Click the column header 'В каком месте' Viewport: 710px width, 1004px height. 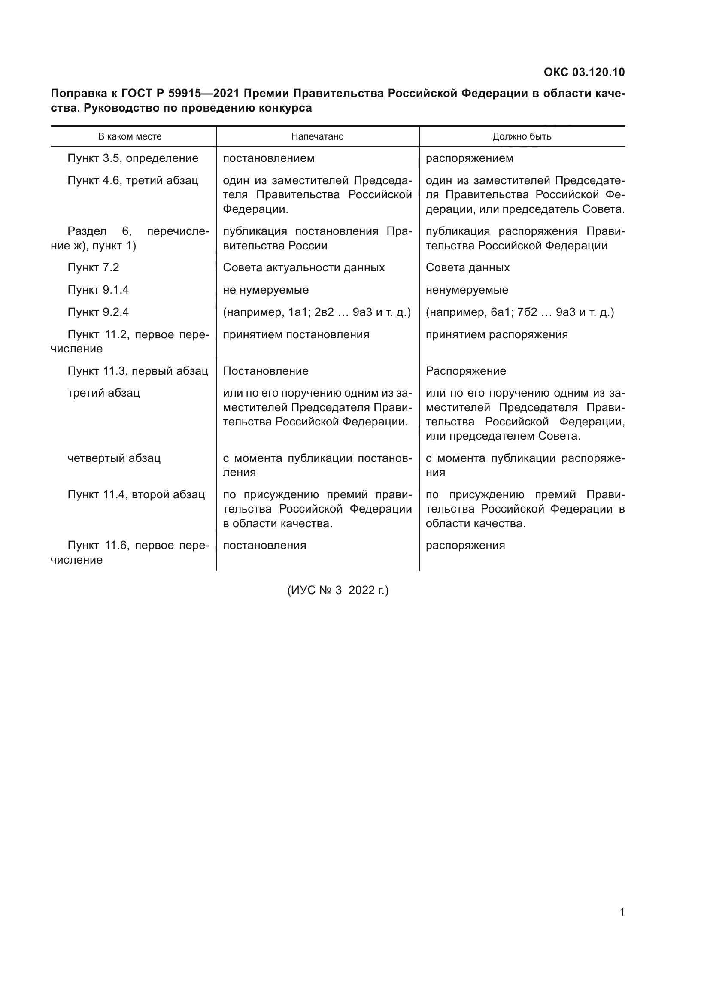coord(130,136)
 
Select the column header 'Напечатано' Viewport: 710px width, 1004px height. coord(317,136)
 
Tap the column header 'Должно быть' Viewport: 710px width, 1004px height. coord(522,136)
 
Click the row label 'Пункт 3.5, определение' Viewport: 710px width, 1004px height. coord(133,158)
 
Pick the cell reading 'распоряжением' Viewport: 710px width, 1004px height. coord(469,158)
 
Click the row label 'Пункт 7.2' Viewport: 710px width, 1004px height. coord(93,267)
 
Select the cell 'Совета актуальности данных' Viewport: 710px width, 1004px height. coord(303,267)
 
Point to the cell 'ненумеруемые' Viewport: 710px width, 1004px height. coord(467,290)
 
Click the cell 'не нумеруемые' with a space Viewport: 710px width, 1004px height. coord(265,290)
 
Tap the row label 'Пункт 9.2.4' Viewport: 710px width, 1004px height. coord(98,312)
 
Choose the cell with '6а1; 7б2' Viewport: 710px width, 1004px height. coord(519,312)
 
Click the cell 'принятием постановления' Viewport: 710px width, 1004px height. coord(296,334)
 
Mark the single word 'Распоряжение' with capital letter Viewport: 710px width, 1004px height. coord(466,371)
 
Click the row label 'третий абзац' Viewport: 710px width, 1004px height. coord(103,393)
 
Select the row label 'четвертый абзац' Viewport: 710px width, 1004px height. coord(114,458)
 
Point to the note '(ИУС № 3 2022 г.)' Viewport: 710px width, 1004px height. coord(337,590)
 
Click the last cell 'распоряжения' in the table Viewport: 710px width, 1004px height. coord(465,545)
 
